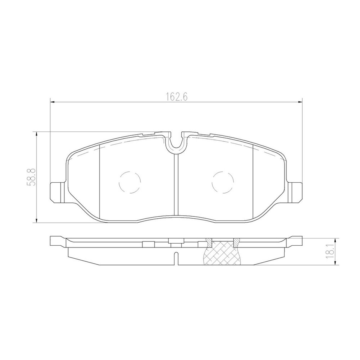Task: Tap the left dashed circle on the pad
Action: pos(130,182)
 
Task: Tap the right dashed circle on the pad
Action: pos(223,182)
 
